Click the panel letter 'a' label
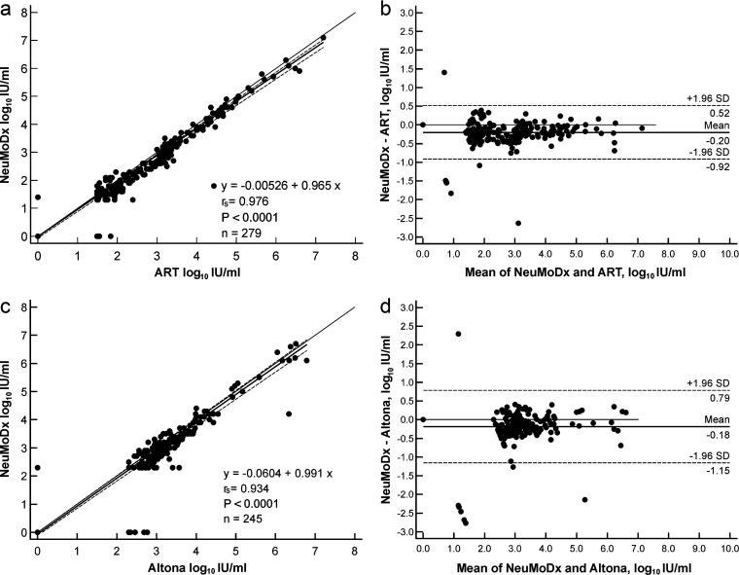[7, 8]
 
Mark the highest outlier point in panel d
[458, 334]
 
